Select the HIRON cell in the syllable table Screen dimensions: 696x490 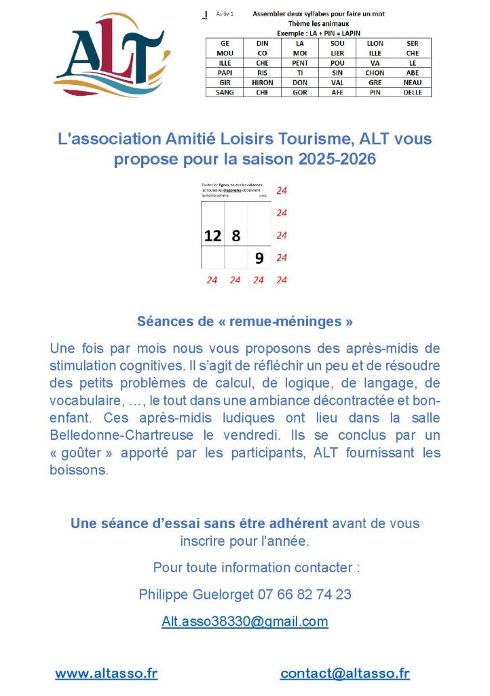tap(263, 82)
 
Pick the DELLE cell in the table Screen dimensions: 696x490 tap(413, 92)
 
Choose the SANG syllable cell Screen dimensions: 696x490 tap(225, 92)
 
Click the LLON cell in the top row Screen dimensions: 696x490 tap(375, 43)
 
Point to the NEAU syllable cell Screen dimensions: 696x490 tap(413, 82)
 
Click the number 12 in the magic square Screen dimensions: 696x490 tap(213, 235)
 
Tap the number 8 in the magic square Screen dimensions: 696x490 tap(236, 235)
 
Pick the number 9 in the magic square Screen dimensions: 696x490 tap(259, 258)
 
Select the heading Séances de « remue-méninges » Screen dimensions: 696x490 tap(245, 320)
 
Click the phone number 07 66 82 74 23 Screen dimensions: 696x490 tap(305, 594)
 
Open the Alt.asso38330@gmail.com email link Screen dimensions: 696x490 tap(245, 621)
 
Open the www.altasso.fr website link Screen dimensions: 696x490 tap(107, 674)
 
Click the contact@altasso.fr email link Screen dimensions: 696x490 tap(345, 674)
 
